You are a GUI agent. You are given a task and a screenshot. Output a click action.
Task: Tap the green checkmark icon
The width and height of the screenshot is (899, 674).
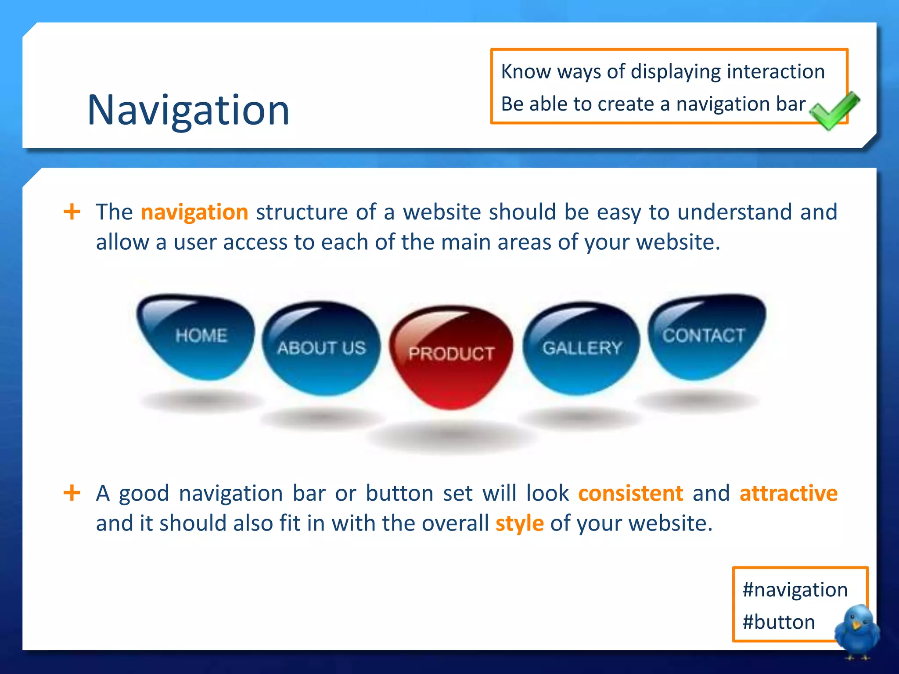(834, 111)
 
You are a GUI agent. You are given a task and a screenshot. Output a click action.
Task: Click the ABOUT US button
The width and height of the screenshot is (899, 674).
(321, 348)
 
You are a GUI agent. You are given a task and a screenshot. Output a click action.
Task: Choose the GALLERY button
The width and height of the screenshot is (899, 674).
(582, 348)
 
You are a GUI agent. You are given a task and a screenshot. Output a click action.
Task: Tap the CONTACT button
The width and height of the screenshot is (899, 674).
(704, 336)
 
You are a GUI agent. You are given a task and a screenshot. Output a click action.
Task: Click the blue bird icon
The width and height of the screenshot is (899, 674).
(857, 630)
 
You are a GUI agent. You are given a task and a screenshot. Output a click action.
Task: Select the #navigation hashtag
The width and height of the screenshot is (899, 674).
(795, 590)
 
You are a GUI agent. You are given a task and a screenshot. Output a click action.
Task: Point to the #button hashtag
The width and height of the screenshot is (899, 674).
(779, 622)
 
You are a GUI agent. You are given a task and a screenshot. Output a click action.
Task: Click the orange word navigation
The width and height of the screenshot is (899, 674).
(194, 212)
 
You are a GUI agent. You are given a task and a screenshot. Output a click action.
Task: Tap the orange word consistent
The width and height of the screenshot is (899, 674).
(630, 493)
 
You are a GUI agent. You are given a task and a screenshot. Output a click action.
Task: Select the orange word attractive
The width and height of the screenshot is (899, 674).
(788, 493)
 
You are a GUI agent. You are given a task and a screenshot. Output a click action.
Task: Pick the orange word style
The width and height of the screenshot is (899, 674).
(519, 523)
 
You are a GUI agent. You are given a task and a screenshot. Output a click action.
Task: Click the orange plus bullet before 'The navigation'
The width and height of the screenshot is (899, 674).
(72, 212)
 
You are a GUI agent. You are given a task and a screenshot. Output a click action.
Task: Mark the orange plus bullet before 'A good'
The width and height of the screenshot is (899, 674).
(72, 493)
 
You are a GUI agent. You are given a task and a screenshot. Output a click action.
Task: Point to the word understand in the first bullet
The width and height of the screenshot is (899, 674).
(734, 212)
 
